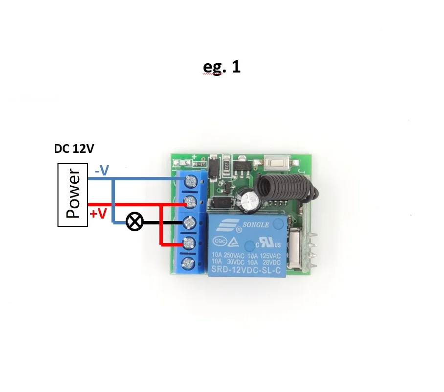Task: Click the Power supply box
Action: point(72,195)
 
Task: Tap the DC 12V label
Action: point(74,149)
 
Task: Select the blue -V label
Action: point(101,171)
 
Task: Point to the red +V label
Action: point(98,214)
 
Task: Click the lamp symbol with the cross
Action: point(134,222)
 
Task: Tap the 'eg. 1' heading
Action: point(222,67)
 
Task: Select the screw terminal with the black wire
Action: point(189,222)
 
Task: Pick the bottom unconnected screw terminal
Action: point(189,265)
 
